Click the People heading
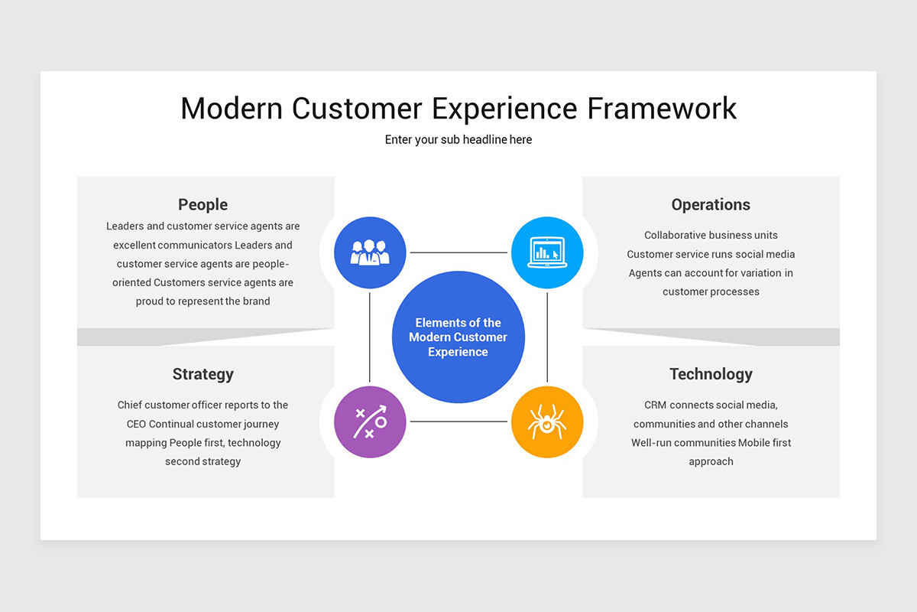click(203, 204)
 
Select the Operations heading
click(711, 204)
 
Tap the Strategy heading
click(203, 374)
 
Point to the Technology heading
click(711, 374)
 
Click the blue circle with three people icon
click(370, 252)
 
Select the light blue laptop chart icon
click(547, 252)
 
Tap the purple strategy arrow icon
click(370, 422)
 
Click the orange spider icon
click(547, 422)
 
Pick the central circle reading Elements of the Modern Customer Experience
click(458, 337)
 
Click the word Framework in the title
click(662, 109)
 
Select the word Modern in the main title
click(231, 109)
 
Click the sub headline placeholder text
click(458, 140)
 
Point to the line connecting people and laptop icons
click(458, 252)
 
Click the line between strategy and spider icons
click(458, 422)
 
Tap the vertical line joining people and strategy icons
click(370, 337)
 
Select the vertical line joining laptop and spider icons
click(547, 337)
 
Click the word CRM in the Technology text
click(656, 405)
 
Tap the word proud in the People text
click(150, 301)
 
